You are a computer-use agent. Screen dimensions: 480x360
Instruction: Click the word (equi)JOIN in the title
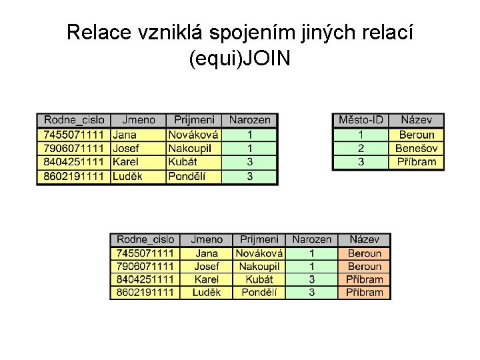(x=239, y=59)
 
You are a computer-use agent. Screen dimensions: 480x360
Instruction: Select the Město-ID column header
(x=361, y=120)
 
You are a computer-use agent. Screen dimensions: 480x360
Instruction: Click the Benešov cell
(x=416, y=148)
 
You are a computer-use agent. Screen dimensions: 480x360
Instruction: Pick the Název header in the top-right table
(x=416, y=120)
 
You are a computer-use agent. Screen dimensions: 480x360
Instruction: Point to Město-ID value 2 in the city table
(x=361, y=148)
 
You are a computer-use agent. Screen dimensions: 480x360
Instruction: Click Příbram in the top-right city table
(x=416, y=162)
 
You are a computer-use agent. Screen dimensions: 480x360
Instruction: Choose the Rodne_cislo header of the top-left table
(x=74, y=120)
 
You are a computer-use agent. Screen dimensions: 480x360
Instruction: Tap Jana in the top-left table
(x=125, y=134)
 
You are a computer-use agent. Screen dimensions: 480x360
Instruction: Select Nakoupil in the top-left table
(x=190, y=148)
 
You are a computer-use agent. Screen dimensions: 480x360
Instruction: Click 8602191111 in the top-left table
(x=74, y=176)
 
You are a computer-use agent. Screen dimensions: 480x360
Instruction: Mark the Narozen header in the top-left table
(x=250, y=120)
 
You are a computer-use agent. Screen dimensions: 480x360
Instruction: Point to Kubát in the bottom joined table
(x=259, y=279)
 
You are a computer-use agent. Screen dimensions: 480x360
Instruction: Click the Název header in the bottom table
(x=364, y=239)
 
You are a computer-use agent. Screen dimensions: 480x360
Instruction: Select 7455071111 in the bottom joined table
(x=145, y=253)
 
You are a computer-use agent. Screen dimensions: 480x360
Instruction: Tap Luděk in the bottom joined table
(x=207, y=293)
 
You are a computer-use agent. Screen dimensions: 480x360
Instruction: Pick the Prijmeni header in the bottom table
(x=259, y=239)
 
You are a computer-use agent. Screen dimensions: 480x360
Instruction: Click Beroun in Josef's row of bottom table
(x=364, y=267)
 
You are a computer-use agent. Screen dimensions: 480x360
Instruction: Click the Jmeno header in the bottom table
(x=207, y=239)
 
